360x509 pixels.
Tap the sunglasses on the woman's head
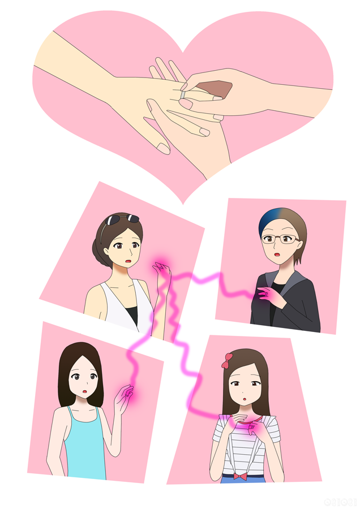point(122,219)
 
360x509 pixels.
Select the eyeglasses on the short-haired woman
point(280,239)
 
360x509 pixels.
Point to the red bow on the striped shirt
point(240,476)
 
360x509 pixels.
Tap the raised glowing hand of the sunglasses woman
point(162,270)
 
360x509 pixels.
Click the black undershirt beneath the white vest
point(132,313)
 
